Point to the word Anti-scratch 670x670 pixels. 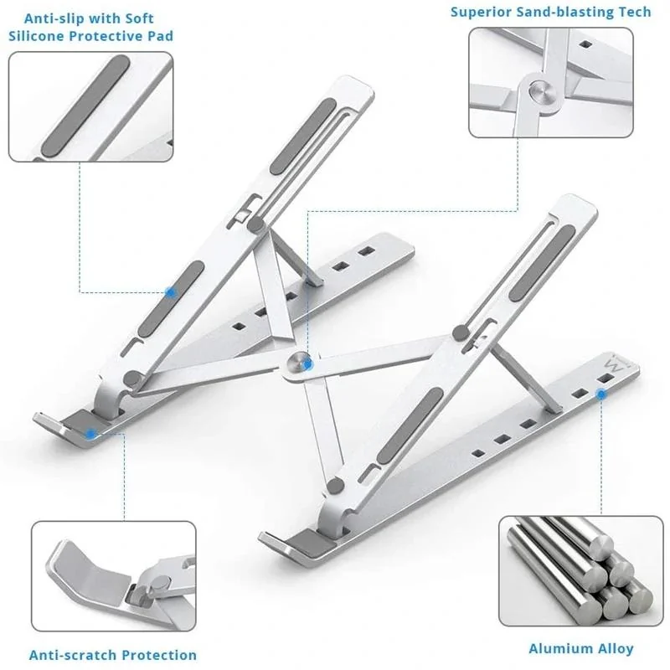point(71,655)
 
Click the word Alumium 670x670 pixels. point(556,648)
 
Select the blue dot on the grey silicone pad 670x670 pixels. point(171,292)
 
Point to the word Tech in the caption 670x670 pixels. point(633,13)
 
